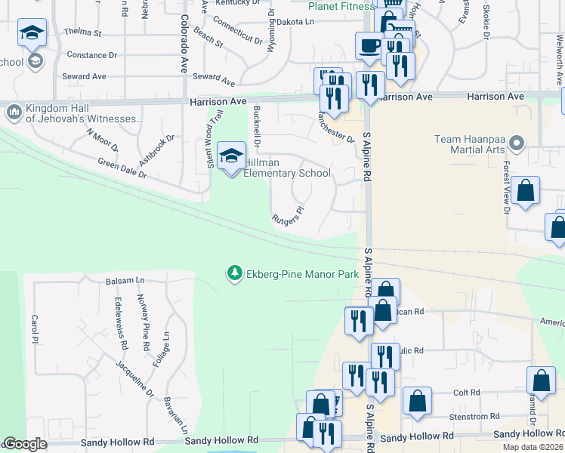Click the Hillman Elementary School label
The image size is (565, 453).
pos(287,168)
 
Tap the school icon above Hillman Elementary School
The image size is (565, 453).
pos(231,156)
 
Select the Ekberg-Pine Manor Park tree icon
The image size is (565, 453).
pos(235,273)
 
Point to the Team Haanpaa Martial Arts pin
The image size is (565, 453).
pos(517,142)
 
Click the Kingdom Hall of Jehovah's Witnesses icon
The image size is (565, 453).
pos(14,112)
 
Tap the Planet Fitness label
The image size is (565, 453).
pos(341,7)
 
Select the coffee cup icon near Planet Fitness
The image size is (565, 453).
pos(369,45)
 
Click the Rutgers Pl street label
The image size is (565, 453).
pos(288,216)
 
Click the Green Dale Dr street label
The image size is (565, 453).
pos(122,167)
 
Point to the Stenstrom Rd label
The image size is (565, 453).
pos(468,416)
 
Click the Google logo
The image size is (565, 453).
pos(26,445)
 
